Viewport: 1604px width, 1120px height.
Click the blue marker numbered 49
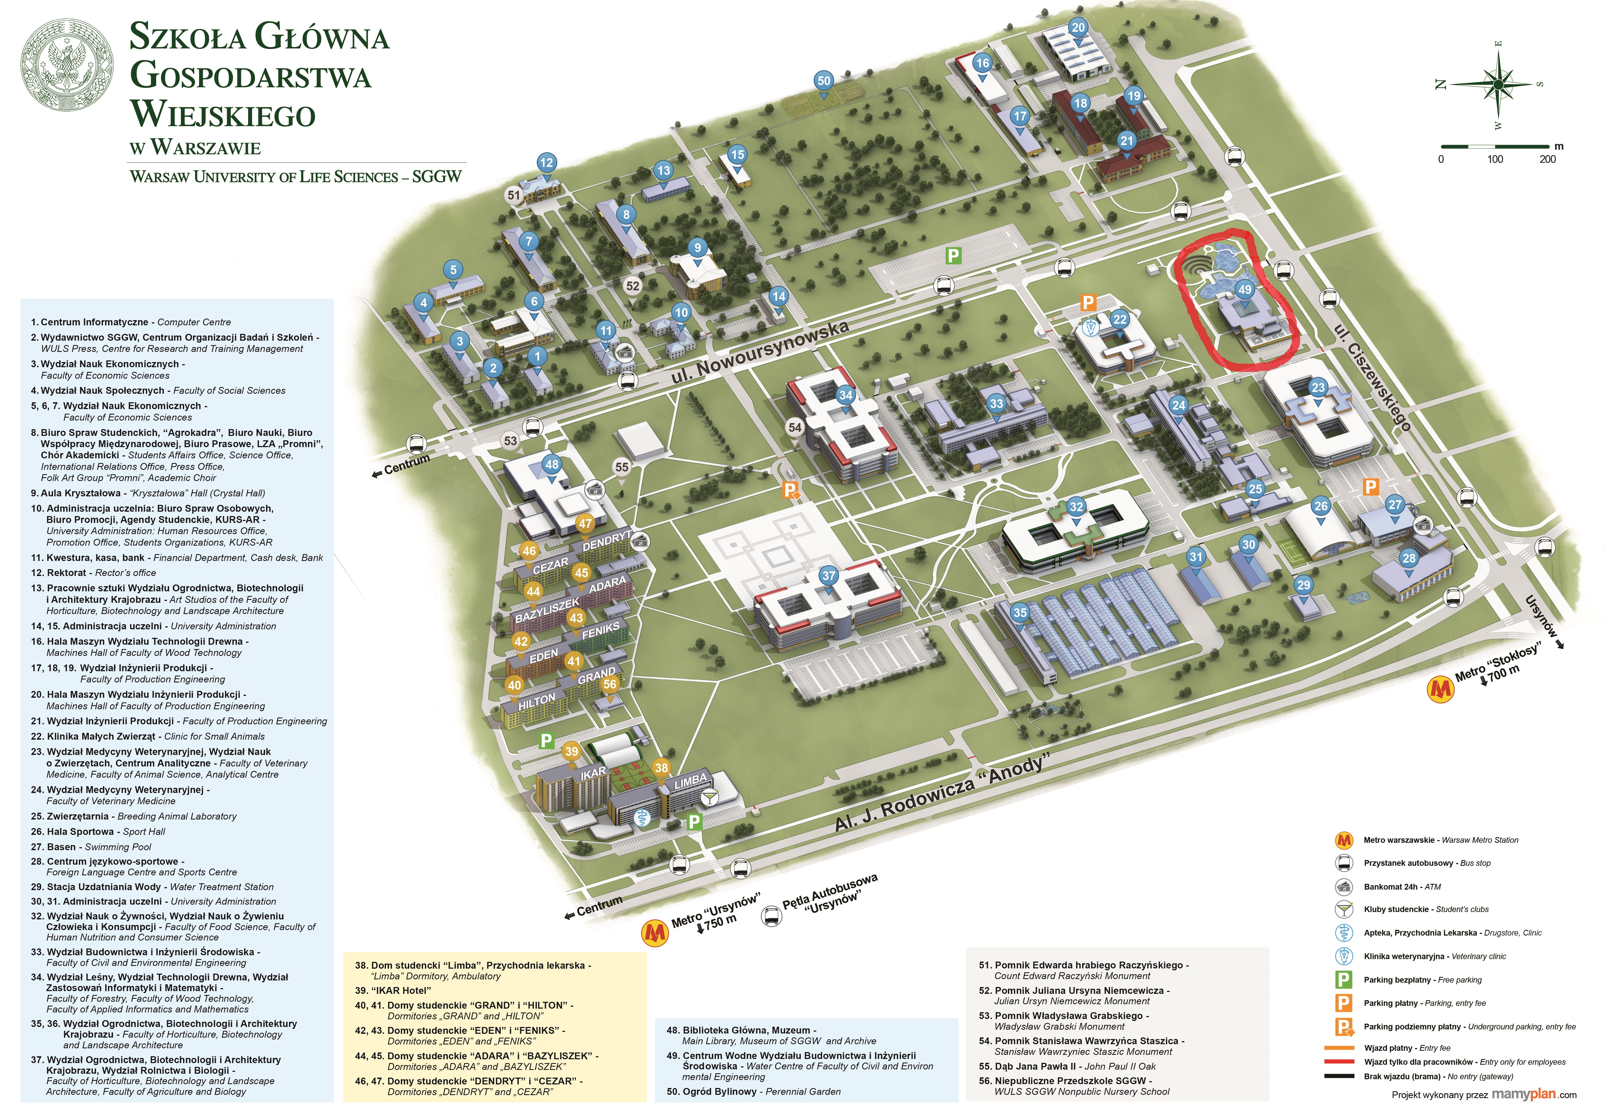1244,291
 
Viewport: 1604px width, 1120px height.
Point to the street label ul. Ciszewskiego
1372,377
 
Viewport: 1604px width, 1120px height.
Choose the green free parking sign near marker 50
953,256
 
